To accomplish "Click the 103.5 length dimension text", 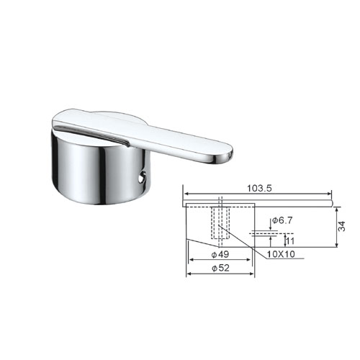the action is [259, 189].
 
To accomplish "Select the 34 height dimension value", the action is [342, 226].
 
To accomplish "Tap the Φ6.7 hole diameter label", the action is [282, 220].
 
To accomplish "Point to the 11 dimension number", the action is [290, 240].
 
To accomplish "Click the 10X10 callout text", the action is [281, 254].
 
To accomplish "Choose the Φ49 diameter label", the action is [220, 254].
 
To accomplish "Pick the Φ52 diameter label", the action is [220, 268].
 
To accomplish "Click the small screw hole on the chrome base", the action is [142, 178].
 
